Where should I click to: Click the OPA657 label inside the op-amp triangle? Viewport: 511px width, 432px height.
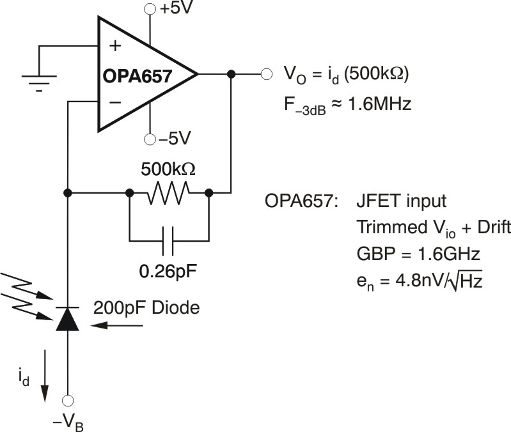137,77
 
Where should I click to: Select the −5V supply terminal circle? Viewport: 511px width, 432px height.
150,139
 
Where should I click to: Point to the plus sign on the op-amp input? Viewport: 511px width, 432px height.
115,46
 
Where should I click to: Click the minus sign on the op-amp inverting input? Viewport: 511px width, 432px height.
115,102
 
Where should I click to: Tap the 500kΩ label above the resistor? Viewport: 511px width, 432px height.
168,170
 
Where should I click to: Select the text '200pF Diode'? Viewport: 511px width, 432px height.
146,307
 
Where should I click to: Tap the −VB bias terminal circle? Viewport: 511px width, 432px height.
67,400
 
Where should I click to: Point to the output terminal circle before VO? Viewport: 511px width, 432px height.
265,74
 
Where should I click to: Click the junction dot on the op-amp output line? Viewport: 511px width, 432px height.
231,74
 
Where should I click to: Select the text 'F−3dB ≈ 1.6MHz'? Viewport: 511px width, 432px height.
346,104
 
